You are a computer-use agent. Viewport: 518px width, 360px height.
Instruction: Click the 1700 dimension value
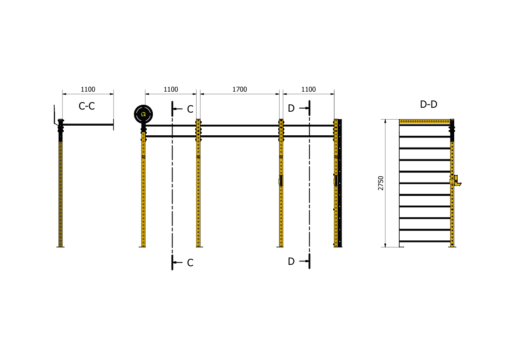(239, 89)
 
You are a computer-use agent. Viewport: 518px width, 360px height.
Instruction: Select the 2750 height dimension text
(381, 183)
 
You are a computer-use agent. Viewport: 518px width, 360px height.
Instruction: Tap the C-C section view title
(86, 106)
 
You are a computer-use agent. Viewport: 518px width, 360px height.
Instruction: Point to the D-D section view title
(428, 104)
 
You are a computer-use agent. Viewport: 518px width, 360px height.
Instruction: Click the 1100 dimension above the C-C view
(88, 89)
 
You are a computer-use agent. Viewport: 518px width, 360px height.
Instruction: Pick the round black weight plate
(143, 114)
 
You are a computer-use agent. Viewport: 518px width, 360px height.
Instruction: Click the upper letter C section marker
(190, 109)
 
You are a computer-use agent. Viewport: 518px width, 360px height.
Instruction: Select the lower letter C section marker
(190, 263)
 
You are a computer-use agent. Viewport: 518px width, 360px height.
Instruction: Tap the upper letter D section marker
(291, 108)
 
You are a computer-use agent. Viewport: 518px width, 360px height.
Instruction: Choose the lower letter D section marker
(291, 261)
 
